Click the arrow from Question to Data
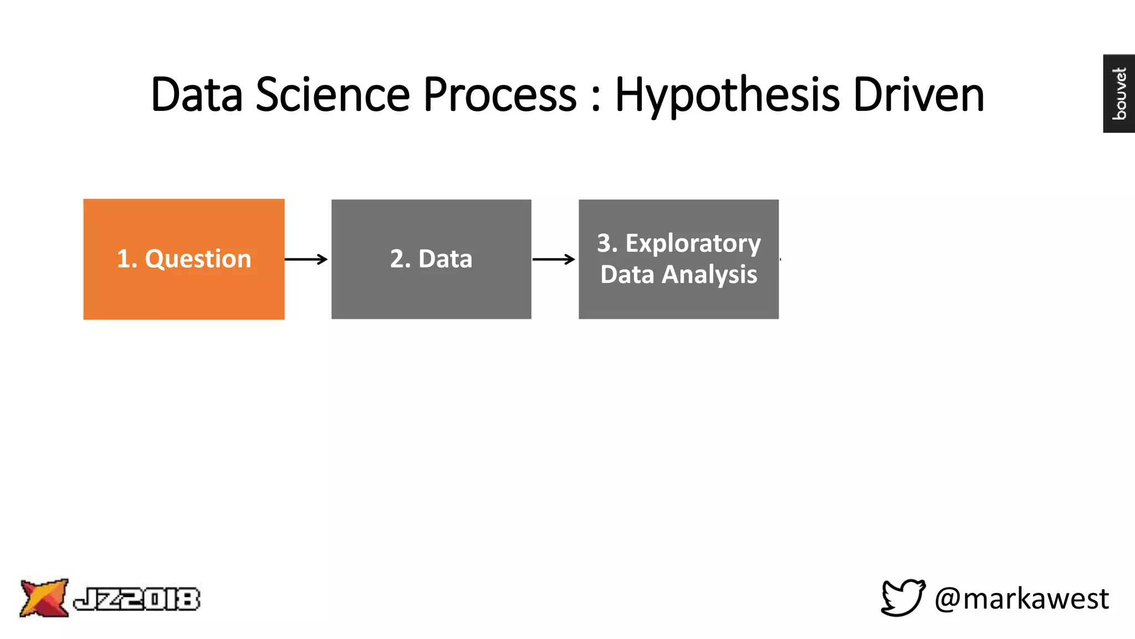(306, 259)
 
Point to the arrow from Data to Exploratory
(554, 259)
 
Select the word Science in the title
(333, 94)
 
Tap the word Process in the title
(500, 94)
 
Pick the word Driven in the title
(918, 94)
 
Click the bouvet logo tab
(1119, 93)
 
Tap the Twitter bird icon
(903, 597)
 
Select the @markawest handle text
(1021, 599)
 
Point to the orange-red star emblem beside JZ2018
(44, 597)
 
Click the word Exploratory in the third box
(693, 244)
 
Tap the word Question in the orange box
(198, 259)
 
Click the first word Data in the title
(197, 94)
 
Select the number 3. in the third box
(607, 244)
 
